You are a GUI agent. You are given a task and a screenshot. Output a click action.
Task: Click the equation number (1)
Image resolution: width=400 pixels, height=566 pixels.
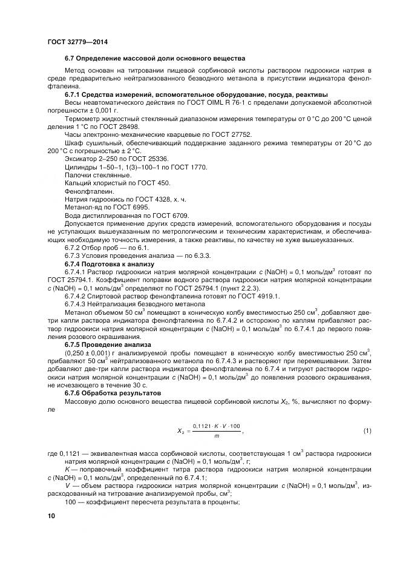point(367,430)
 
